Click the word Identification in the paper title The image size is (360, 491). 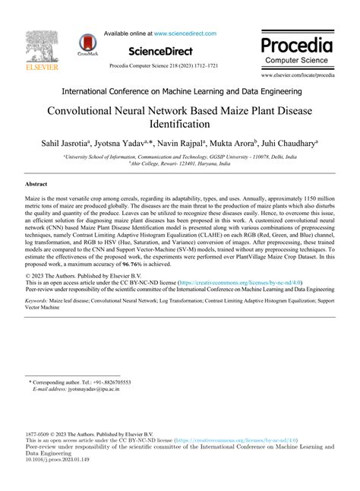pyautogui.click(x=179, y=123)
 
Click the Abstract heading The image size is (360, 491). pyautogui.click(x=37, y=185)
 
